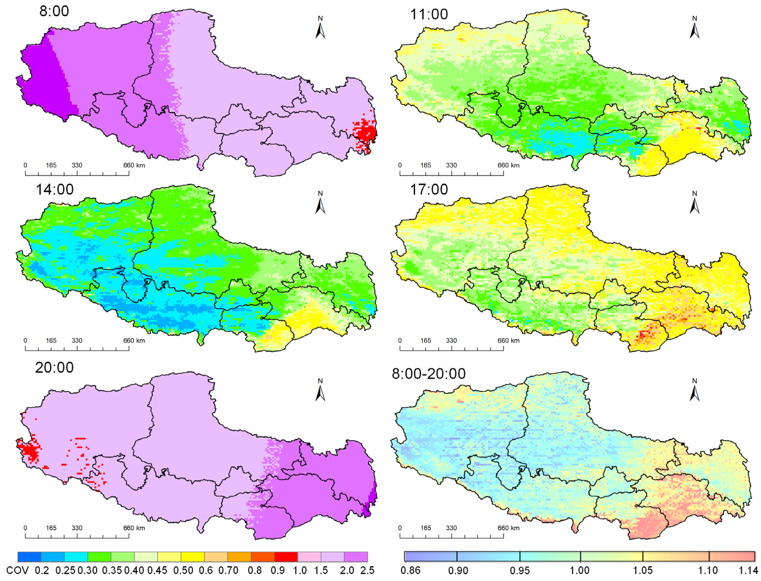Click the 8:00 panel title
[54, 11]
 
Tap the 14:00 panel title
[54, 190]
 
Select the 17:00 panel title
[428, 190]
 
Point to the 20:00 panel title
[54, 367]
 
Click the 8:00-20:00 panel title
[428, 373]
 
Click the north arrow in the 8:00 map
[320, 28]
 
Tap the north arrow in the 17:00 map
[694, 203]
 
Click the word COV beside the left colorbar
[17, 570]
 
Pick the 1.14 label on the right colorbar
[748, 570]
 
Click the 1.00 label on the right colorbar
[580, 570]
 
